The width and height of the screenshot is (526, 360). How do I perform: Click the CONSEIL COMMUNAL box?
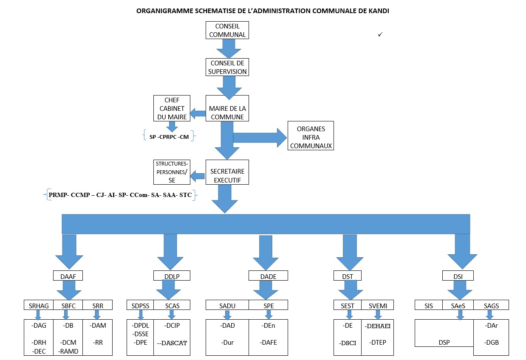click(x=227, y=31)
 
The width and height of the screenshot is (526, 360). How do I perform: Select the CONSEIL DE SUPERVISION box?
click(x=227, y=67)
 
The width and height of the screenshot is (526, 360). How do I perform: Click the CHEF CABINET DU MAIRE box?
click(x=172, y=108)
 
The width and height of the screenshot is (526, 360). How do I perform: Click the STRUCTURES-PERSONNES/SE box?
click(x=172, y=172)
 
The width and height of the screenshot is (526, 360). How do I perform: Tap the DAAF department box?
click(x=68, y=276)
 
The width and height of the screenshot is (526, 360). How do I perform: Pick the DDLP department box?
click(x=172, y=276)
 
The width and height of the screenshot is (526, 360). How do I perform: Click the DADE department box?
click(x=268, y=276)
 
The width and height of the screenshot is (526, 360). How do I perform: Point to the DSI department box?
click(x=458, y=276)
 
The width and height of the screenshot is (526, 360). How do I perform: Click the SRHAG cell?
click(x=38, y=305)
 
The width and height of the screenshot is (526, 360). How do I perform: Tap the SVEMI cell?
click(x=377, y=305)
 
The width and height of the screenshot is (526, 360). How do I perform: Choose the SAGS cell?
click(x=491, y=305)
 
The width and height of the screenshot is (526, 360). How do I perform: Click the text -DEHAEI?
click(x=377, y=326)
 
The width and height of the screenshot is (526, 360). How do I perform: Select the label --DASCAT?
click(x=172, y=343)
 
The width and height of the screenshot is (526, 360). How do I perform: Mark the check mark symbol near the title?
click(x=380, y=34)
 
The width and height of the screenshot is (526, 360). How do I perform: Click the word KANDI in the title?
click(x=379, y=11)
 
